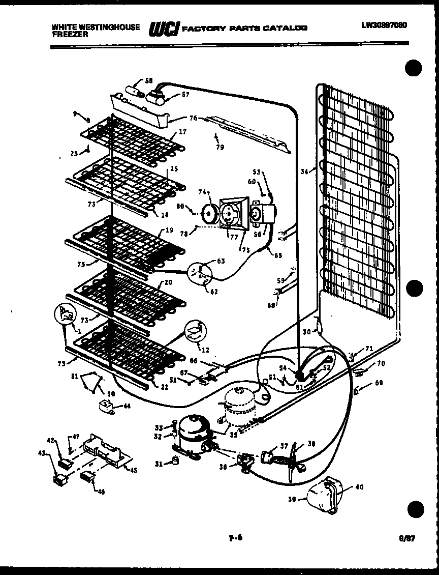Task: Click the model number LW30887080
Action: [x=384, y=25]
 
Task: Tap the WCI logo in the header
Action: [x=163, y=30]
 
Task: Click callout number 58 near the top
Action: [x=148, y=80]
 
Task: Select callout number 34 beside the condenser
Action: [x=304, y=171]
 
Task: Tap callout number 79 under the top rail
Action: [x=220, y=148]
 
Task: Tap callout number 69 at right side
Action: [x=379, y=383]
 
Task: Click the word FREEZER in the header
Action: [x=70, y=35]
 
